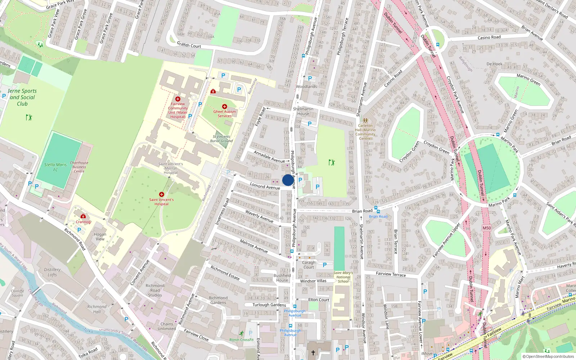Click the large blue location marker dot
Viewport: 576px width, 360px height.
click(x=288, y=180)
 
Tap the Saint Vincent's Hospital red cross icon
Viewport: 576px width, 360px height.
click(x=161, y=194)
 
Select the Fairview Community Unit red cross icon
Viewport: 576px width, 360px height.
click(x=177, y=99)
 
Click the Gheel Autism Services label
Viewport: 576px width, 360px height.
click(x=225, y=114)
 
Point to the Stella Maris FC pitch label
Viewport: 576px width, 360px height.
click(x=55, y=167)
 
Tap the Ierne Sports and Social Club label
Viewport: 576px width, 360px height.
click(x=22, y=97)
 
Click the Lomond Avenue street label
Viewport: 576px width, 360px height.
click(x=265, y=186)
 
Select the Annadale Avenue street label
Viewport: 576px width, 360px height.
click(x=269, y=157)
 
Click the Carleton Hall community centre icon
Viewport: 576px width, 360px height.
click(x=365, y=121)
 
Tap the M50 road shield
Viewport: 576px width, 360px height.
click(x=487, y=228)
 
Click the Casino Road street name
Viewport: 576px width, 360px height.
click(x=489, y=37)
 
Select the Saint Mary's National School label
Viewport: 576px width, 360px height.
click(x=343, y=277)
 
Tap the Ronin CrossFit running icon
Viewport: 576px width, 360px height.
click(x=241, y=334)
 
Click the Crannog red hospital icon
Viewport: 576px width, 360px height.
click(x=83, y=216)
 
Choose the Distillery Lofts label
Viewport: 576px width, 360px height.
click(x=52, y=272)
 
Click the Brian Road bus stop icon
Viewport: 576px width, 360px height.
click(x=376, y=208)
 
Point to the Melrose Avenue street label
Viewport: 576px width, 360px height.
click(x=254, y=246)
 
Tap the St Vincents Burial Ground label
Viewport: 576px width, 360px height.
click(x=221, y=139)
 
